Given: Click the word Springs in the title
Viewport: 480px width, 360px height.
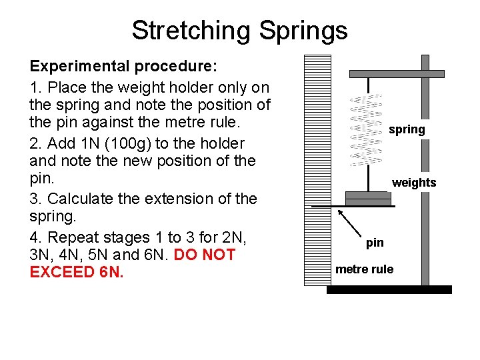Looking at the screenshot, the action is coord(303,31).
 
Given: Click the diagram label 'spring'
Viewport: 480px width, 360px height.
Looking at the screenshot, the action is coord(407,130).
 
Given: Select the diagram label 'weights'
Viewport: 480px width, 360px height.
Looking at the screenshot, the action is coord(414,183).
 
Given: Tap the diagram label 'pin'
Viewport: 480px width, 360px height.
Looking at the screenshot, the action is coord(375,243).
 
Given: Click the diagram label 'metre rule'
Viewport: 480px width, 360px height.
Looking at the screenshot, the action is coord(364,269).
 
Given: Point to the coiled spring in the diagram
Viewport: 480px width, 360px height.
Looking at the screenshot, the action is coord(366,130).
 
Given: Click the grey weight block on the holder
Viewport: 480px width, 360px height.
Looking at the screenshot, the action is coord(367,198).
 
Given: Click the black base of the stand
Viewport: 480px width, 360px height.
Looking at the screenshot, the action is coord(389,289).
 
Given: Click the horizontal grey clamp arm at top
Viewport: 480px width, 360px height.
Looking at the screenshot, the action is coord(397,73).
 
